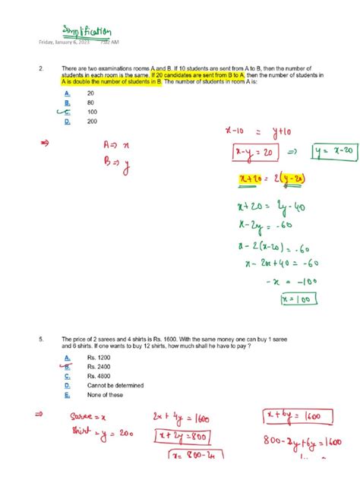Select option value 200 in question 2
click(x=92, y=122)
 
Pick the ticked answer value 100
click(x=92, y=112)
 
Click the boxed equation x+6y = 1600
click(x=293, y=415)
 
